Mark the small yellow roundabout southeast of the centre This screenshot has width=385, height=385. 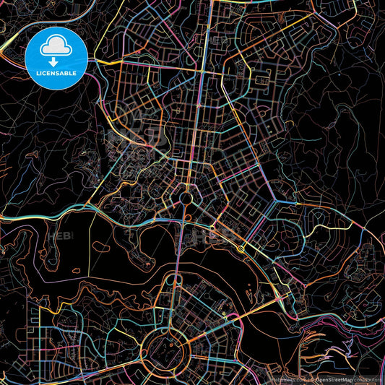(241, 248)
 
